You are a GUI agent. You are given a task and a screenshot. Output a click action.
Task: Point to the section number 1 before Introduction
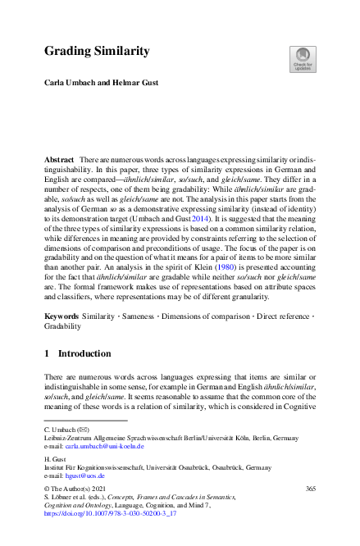click(x=47, y=354)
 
